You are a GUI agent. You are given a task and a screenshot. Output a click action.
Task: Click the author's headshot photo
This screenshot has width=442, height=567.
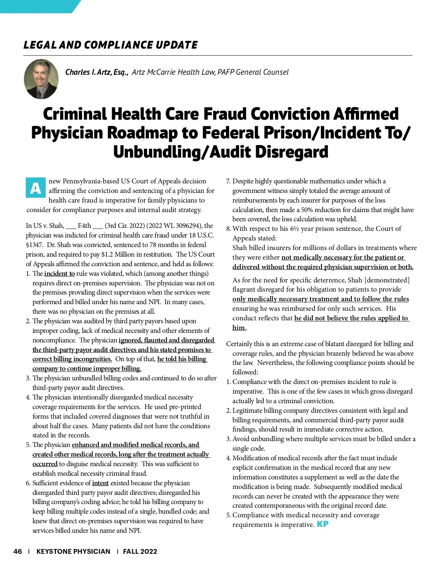click(x=41, y=79)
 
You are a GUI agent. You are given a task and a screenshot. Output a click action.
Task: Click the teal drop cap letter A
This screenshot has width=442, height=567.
click(x=35, y=188)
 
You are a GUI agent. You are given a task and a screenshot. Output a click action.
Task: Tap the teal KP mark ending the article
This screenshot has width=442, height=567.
click(x=322, y=524)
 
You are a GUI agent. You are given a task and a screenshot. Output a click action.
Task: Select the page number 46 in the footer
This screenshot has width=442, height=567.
click(x=18, y=551)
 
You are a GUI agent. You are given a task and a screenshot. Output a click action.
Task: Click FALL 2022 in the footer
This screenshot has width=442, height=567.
click(x=140, y=551)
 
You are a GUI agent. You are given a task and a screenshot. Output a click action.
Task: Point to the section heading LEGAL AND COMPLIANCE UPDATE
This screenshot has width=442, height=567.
click(x=110, y=45)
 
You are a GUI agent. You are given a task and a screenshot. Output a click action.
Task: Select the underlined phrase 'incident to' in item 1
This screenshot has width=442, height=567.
click(x=59, y=274)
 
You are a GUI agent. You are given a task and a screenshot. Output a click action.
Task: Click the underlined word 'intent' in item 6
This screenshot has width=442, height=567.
click(x=100, y=483)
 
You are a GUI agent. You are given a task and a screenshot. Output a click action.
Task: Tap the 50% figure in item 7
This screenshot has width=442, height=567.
click(x=305, y=210)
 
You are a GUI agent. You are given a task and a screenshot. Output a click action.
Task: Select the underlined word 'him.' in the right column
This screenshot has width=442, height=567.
click(x=239, y=328)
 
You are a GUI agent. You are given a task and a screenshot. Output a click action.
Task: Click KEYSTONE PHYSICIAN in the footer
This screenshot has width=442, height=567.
click(x=73, y=551)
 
